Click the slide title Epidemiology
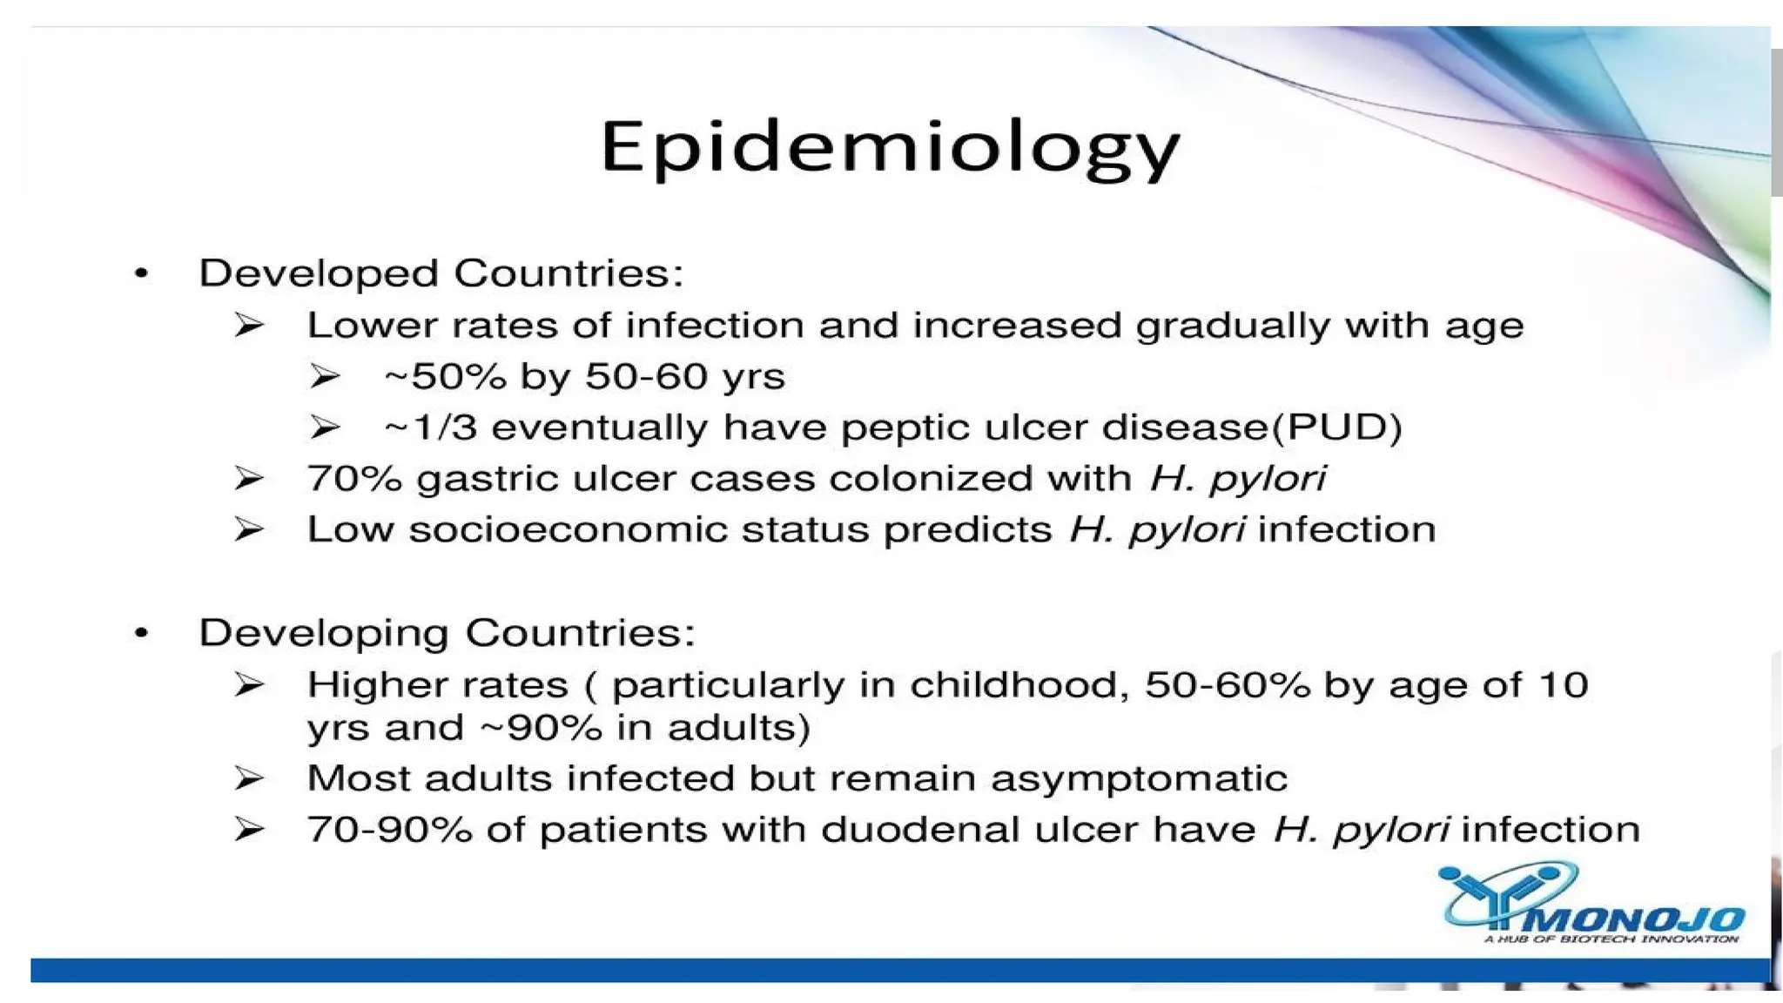pyautogui.click(x=890, y=148)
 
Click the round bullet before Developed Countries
pyautogui.click(x=142, y=275)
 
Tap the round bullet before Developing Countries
pyautogui.click(x=142, y=634)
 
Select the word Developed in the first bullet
pyautogui.click(x=319, y=274)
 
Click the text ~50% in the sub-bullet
pyautogui.click(x=445, y=377)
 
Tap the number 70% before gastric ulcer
pyautogui.click(x=354, y=479)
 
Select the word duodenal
pyautogui.click(x=919, y=830)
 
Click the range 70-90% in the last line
pyautogui.click(x=389, y=830)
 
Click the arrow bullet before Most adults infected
pyautogui.click(x=249, y=778)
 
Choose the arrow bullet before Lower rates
pyautogui.click(x=249, y=326)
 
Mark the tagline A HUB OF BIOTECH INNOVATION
pyautogui.click(x=1611, y=939)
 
